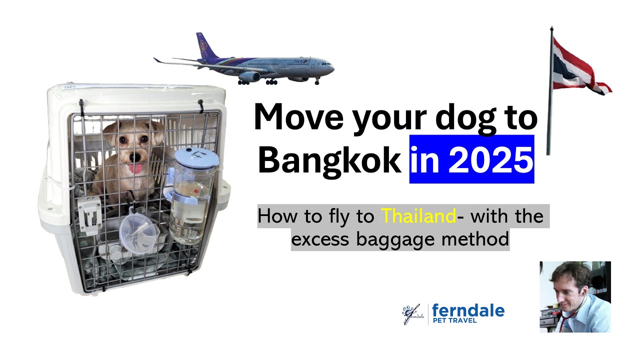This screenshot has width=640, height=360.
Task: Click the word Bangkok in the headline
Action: click(329, 160)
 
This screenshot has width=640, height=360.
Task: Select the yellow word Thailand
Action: click(418, 216)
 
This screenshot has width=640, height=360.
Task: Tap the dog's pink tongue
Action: click(135, 167)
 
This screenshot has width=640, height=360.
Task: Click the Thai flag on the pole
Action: click(580, 67)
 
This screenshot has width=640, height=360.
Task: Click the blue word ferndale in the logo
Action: click(468, 311)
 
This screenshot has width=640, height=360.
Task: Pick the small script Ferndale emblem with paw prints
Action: click(413, 314)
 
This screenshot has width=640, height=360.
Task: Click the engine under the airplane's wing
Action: click(250, 76)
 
